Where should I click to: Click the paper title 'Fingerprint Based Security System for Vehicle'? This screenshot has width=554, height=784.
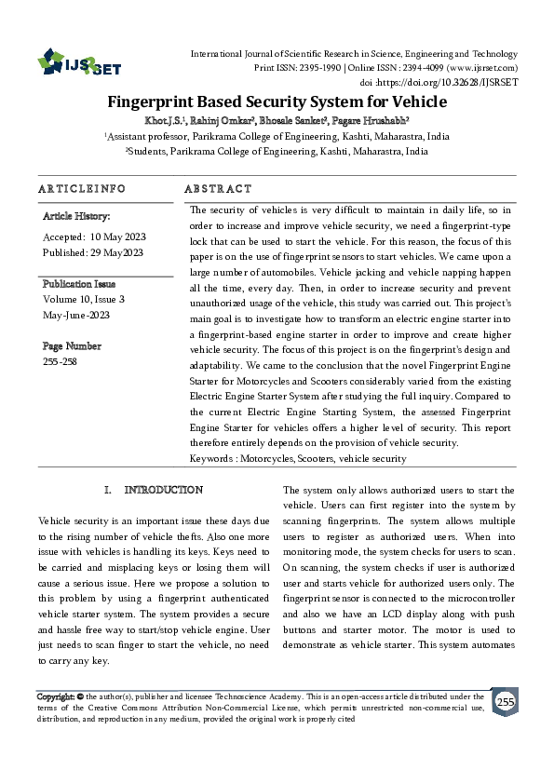coord(277,101)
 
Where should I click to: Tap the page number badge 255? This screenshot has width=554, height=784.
coord(504,701)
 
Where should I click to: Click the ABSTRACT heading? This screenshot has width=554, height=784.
coord(219,189)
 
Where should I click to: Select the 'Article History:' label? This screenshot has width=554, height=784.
coord(77,216)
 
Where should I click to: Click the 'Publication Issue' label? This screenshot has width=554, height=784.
coord(79,284)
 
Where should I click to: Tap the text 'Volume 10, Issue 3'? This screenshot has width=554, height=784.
coord(84,299)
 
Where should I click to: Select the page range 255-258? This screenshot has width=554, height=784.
coord(61,360)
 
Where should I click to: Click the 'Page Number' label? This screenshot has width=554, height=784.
coord(72,345)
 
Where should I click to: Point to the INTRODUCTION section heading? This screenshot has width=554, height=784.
coord(164,490)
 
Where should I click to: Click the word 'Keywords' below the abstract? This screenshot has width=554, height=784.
coord(211,458)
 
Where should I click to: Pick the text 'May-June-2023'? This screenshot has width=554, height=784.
coord(77,314)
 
